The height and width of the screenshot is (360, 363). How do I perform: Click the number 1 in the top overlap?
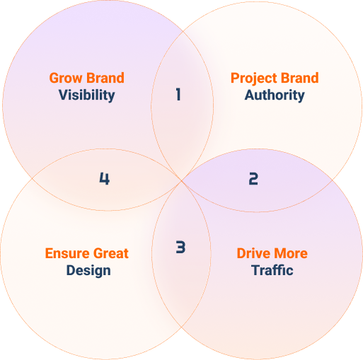[178, 94]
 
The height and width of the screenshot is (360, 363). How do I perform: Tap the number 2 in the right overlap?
[253, 178]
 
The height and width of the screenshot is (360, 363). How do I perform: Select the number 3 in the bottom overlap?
[180, 247]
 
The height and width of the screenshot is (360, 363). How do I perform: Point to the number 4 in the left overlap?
[104, 178]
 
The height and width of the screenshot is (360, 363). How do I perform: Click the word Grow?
[66, 78]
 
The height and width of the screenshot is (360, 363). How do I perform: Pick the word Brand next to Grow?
[105, 78]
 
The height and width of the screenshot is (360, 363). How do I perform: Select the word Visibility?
[87, 95]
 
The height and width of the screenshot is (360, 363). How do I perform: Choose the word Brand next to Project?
[299, 78]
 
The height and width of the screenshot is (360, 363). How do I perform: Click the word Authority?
[275, 95]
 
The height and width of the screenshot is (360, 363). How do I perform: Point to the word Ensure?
[67, 253]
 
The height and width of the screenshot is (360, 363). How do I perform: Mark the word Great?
[111, 253]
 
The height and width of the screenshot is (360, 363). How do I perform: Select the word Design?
[88, 271]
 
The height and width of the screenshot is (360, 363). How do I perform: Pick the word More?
[291, 253]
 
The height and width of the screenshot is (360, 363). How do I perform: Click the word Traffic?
[272, 270]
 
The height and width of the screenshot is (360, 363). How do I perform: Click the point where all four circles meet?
[181, 180]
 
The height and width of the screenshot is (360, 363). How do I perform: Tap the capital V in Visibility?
[63, 95]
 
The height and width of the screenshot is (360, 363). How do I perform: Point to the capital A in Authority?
[250, 95]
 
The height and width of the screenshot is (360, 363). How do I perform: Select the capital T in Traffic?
[255, 270]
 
